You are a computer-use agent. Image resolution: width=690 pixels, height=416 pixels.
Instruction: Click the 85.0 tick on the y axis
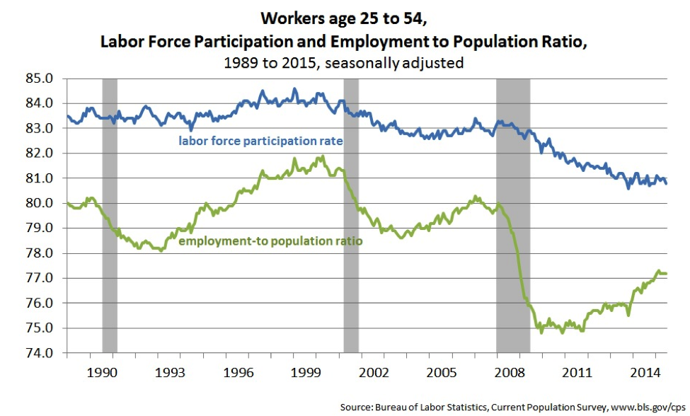point(40,79)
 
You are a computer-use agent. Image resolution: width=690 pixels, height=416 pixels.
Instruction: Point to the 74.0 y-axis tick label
point(40,352)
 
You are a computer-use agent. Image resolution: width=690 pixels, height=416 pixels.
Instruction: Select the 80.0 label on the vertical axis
point(40,203)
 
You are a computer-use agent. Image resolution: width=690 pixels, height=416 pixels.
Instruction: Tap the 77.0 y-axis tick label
point(40,278)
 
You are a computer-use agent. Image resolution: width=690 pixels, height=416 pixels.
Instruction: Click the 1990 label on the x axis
point(102,372)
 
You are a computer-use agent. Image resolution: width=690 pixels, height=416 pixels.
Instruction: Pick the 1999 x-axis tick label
point(306,372)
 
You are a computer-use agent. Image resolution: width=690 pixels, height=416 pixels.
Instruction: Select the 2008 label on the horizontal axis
point(510,372)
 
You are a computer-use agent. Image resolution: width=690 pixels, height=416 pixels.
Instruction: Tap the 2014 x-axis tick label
point(645,372)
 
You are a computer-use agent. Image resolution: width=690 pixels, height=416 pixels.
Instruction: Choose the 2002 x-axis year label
point(374,372)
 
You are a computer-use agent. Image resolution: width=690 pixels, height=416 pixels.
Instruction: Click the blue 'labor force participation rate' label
point(260,141)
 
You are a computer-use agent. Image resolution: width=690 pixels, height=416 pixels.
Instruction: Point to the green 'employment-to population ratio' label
point(270,241)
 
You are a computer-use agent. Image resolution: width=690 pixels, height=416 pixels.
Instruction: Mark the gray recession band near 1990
point(110,216)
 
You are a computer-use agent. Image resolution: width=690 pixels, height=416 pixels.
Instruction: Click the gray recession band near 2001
point(351,216)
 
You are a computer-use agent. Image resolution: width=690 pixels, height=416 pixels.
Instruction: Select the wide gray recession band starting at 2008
point(513,216)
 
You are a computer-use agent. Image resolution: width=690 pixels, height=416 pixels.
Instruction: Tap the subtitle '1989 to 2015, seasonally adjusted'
point(344,63)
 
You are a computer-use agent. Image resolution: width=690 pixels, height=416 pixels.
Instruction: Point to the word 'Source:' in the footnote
point(356,408)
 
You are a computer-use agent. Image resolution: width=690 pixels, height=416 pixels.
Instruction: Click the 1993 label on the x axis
point(170,372)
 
